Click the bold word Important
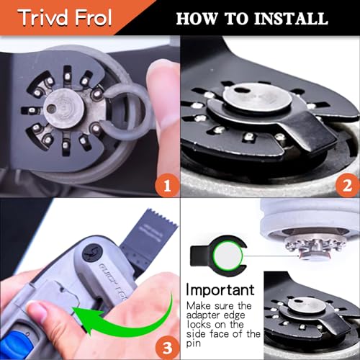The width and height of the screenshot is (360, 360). click(220, 289)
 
